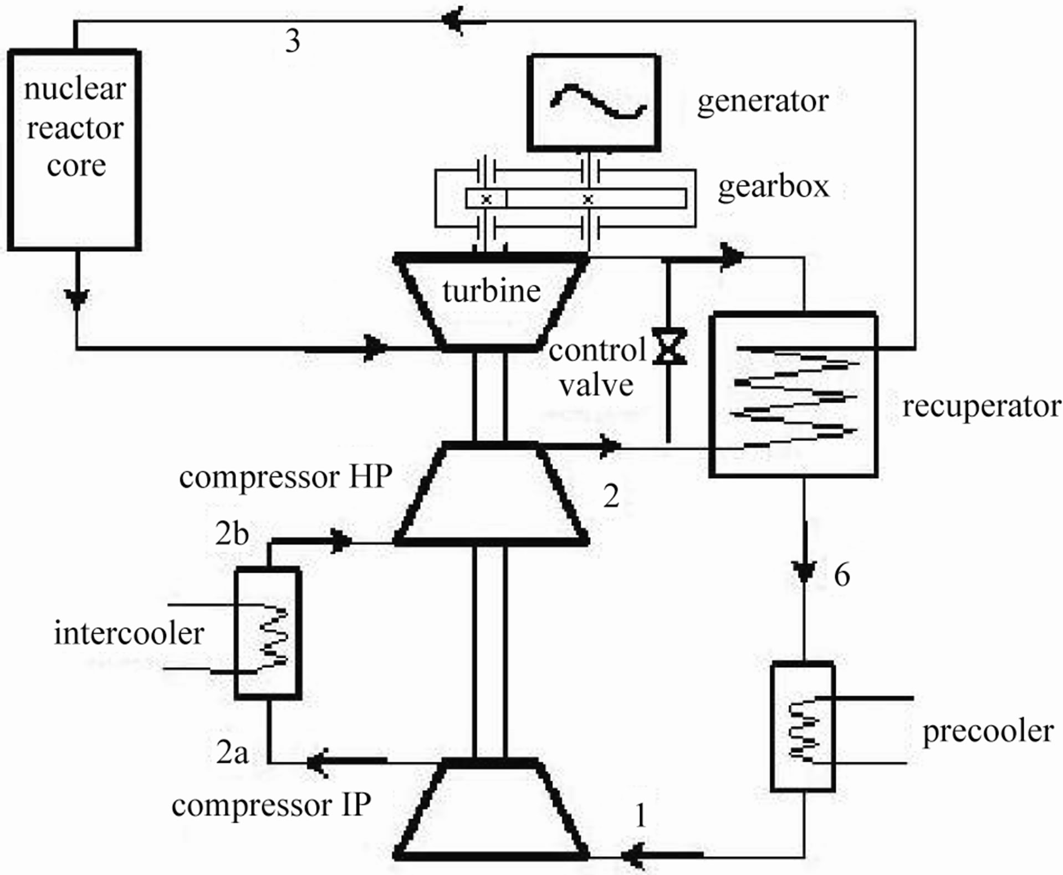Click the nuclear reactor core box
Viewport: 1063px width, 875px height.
pos(74,150)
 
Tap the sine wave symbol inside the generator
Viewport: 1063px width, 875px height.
pos(597,102)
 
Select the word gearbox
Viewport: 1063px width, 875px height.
pos(773,186)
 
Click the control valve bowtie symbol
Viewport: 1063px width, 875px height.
pos(669,347)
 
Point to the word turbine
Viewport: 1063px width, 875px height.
pos(491,291)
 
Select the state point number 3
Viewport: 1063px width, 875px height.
pos(293,41)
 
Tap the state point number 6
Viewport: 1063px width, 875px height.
pos(841,575)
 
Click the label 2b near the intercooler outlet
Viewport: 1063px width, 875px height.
pos(232,533)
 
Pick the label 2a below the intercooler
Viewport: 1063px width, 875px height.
pos(232,752)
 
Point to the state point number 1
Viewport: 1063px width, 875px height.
pos(641,815)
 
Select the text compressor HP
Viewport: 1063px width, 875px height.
pos(285,477)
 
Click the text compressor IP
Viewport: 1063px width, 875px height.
pos(271,805)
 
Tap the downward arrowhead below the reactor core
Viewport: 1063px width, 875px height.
pos(77,298)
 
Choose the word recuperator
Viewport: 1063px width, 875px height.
pos(982,406)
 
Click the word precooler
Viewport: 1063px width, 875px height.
pos(988,731)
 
